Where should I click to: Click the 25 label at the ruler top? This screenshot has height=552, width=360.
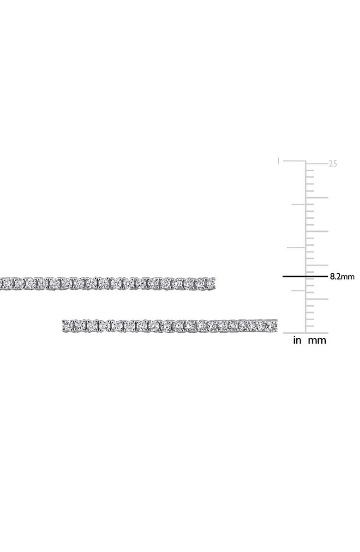pyautogui.click(x=333, y=164)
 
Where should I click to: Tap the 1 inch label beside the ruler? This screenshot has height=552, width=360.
pyautogui.click(x=279, y=161)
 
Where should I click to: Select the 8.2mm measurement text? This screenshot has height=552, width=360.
pyautogui.click(x=342, y=276)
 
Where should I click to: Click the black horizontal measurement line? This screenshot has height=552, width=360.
pyautogui.click(x=305, y=277)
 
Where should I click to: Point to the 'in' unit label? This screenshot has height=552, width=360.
pyautogui.click(x=297, y=341)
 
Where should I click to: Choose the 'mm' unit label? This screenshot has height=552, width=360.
pyautogui.click(x=317, y=341)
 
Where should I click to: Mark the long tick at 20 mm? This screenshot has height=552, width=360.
pyautogui.click(x=317, y=198)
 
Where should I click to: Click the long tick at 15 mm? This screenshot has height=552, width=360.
pyautogui.click(x=317, y=231)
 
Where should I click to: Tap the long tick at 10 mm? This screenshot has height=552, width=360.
pyautogui.click(x=317, y=265)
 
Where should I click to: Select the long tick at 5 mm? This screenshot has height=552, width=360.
pyautogui.click(x=317, y=299)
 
